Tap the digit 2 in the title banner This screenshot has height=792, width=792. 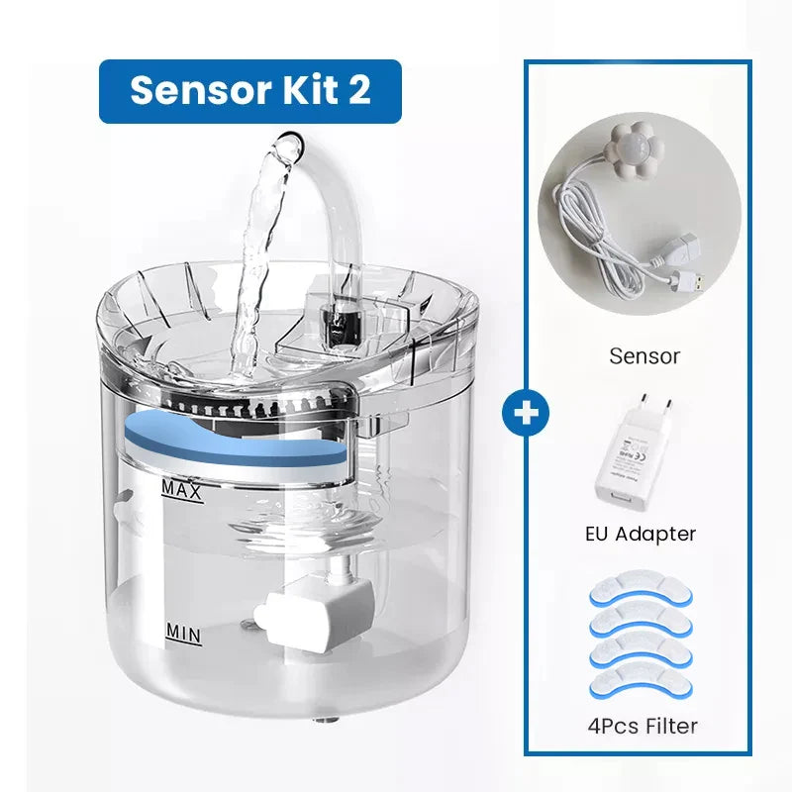358,90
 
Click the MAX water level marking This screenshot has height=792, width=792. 182,490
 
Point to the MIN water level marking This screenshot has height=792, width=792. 184,634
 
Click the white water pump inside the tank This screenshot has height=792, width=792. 313,612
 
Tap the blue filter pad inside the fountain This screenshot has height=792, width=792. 236,440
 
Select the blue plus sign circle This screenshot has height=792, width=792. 526,413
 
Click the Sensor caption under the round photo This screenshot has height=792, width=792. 644,356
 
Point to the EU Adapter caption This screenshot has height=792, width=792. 641,534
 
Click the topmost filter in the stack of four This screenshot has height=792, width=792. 641,587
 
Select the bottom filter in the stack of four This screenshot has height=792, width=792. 641,685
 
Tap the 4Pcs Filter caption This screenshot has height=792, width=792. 643,726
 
